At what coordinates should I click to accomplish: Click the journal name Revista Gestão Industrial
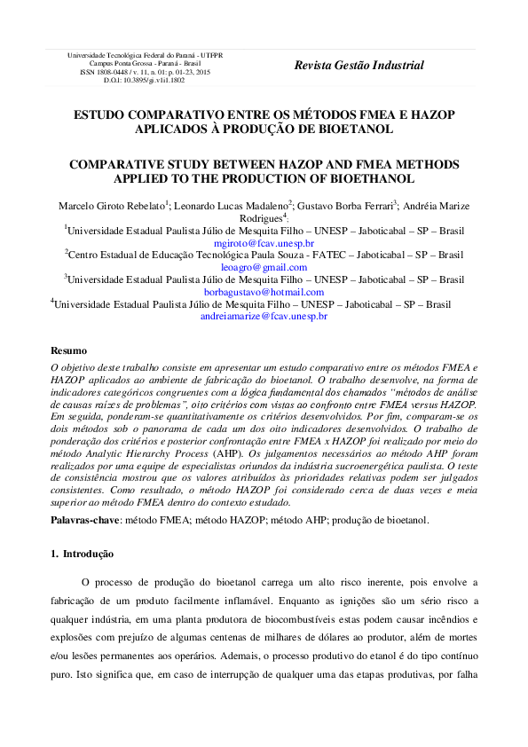coord(359,65)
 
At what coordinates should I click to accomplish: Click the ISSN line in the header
coord(145,72)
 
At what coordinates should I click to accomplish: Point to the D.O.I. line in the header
coord(145,80)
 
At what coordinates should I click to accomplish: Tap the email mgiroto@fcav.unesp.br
coord(264,242)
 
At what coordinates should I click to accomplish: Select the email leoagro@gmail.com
coord(264,267)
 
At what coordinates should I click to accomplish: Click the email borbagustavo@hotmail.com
coord(264,292)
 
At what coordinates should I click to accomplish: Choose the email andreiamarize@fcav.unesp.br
coord(264,316)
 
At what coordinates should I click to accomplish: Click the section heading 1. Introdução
coord(82,554)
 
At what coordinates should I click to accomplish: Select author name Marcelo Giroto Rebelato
coord(111,206)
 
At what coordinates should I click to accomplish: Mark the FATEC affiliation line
coord(264,255)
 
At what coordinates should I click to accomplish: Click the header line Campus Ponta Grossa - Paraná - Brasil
coord(145,64)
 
